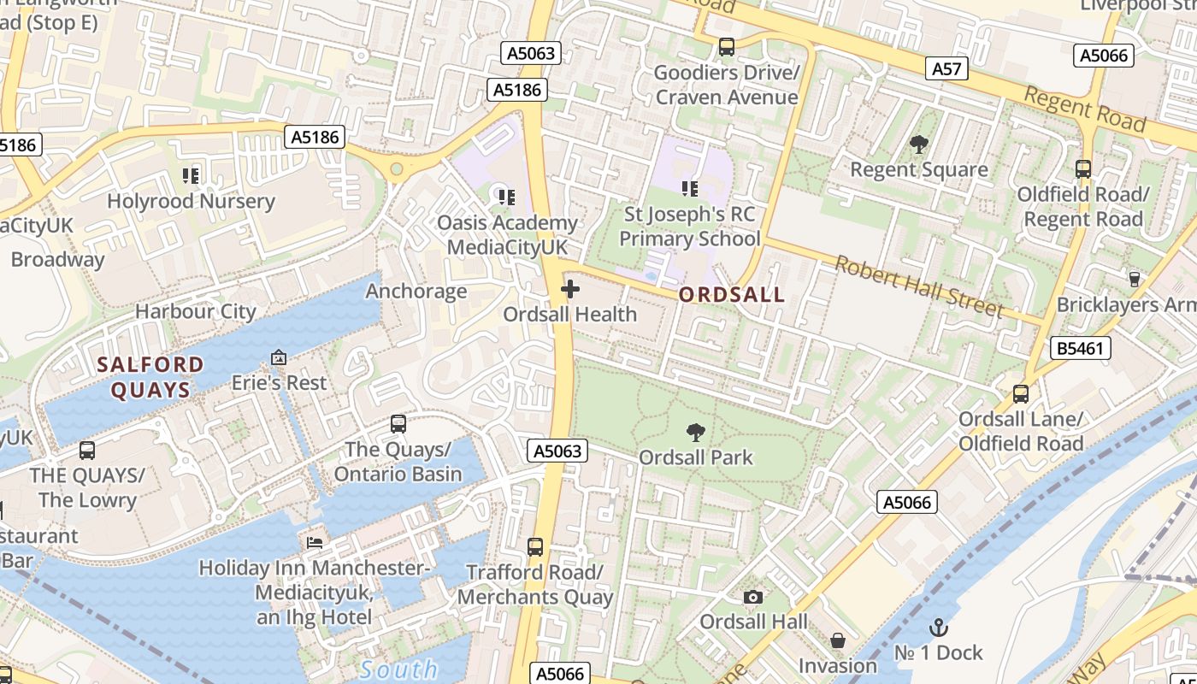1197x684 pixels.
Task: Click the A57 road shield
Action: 946,68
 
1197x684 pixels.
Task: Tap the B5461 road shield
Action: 1081,348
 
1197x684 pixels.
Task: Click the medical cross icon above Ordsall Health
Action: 569,290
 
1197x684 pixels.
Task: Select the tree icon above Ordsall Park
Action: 696,433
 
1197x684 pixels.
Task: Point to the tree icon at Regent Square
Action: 919,144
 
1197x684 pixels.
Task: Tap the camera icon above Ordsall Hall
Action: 752,597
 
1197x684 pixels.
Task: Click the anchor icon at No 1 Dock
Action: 939,628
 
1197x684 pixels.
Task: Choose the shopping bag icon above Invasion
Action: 838,640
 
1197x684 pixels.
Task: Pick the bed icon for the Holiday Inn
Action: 315,542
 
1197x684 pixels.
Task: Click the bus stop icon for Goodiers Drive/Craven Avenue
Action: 727,47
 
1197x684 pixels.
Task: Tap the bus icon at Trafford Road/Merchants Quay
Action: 535,546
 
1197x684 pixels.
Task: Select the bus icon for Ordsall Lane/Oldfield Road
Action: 1021,394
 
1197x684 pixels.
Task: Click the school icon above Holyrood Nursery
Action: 191,176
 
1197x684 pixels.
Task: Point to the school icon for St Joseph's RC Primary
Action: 689,188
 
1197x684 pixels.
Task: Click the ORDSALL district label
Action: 731,295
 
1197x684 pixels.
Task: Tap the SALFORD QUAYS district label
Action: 150,377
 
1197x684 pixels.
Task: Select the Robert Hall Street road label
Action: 918,286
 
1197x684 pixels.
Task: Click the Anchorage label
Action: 416,291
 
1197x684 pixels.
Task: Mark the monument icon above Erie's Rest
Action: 279,357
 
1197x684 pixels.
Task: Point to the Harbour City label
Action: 195,311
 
